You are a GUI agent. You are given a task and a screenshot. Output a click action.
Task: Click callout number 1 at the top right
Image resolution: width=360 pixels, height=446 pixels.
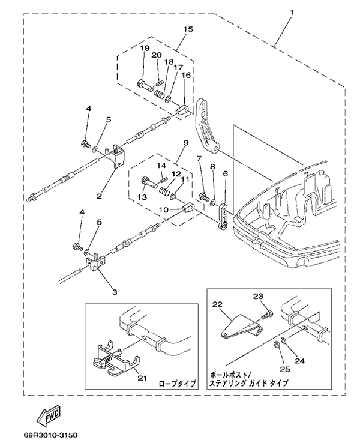point(292,13)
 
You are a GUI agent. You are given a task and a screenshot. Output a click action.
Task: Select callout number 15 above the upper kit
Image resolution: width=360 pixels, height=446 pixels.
point(188,29)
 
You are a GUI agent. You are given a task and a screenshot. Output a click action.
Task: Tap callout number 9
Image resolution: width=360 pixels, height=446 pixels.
point(186,143)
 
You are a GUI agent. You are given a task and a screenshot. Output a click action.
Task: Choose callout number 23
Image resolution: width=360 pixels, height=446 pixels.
point(259,295)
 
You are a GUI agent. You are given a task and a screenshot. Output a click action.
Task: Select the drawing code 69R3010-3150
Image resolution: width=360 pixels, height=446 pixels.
point(49,433)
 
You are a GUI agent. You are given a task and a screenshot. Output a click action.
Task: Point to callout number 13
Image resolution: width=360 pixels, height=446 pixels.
point(142,196)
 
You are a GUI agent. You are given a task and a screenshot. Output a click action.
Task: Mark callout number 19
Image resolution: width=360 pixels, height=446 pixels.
point(145,49)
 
